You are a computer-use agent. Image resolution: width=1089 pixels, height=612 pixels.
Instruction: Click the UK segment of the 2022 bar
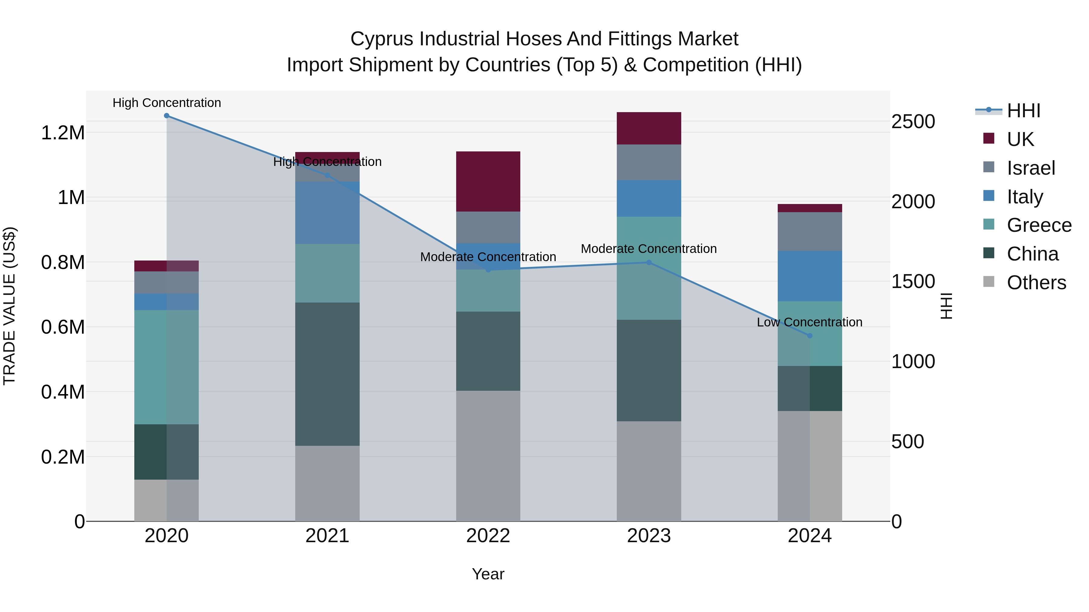coord(488,181)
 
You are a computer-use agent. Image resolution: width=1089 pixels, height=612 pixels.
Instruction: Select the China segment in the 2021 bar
coord(327,374)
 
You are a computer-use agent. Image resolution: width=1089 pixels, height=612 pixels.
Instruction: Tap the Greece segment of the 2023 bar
coord(649,287)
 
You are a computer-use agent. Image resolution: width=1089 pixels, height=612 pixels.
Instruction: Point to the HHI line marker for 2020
coord(167,116)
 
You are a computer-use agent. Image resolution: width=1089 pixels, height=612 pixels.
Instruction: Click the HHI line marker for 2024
coord(809,336)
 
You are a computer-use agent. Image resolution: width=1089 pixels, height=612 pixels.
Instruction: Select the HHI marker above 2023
coord(649,262)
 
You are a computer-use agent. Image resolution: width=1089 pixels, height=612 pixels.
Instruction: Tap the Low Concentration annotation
coord(809,322)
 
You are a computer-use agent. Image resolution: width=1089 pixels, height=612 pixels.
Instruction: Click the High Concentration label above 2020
coord(167,103)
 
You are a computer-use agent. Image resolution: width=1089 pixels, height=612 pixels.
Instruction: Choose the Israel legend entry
coord(1031,168)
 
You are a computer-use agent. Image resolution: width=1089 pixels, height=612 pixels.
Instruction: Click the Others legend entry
coord(1036,283)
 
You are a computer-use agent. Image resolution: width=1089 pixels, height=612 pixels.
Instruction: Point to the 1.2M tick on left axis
coord(63,133)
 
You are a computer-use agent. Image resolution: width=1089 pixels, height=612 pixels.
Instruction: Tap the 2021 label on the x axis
coord(327,536)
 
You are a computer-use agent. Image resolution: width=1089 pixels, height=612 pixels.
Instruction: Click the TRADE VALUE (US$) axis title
coord(9,306)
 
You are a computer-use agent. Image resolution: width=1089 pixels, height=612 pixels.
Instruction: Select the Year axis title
coord(488,574)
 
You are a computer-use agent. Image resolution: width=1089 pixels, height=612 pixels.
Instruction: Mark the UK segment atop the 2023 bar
coord(649,128)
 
